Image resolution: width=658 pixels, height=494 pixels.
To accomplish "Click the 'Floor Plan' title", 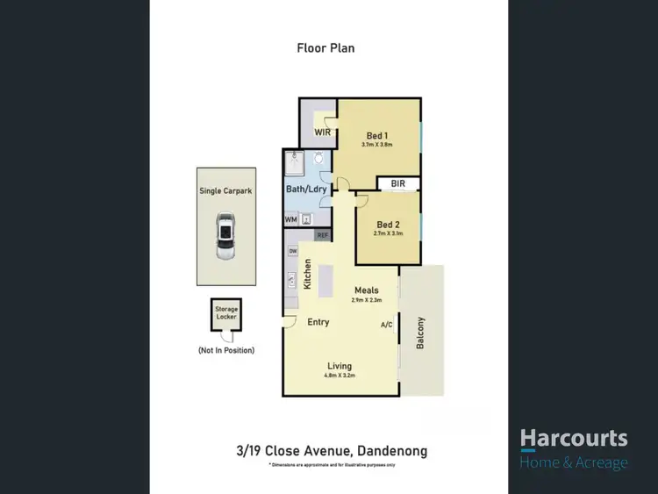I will (325, 48).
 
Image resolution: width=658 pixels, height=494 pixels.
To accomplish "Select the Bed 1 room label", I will (376, 135).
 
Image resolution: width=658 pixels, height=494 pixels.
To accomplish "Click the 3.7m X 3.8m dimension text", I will (376, 145).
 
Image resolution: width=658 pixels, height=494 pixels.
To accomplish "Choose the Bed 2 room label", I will (388, 225).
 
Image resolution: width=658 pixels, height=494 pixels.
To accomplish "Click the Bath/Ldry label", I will (306, 190).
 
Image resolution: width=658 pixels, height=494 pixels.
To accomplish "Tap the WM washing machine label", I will (290, 220).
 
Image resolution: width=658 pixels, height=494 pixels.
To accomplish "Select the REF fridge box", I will (322, 235).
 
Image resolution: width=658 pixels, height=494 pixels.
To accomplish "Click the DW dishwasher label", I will (292, 253).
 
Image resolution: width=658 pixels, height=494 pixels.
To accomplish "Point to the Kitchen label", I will (308, 275).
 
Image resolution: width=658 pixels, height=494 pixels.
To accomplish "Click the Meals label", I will (366, 290).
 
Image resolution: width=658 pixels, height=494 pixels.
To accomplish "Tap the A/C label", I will (386, 325).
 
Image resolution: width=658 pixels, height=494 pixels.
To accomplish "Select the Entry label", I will (318, 322).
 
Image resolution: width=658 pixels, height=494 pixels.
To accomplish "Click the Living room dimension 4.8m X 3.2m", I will (340, 376).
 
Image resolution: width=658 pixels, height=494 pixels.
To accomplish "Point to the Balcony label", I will (420, 333).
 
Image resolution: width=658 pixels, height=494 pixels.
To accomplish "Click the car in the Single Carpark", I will (225, 237).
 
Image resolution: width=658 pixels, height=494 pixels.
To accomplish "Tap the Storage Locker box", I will (227, 314).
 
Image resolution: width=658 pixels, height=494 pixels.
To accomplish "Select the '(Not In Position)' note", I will (226, 350).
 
